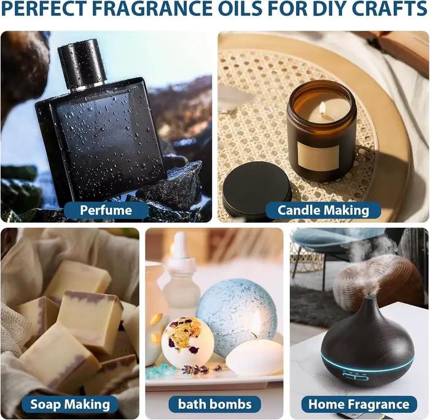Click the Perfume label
tap(106, 210)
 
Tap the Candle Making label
tap(323, 210)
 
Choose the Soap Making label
tap(70, 405)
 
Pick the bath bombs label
tap(215, 405)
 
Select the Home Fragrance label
tap(359, 405)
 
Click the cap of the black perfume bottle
tap(82, 63)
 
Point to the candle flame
tap(322, 108)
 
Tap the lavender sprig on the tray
tap(203, 369)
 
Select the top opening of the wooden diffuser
tap(372, 298)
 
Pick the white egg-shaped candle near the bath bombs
tap(254, 356)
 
